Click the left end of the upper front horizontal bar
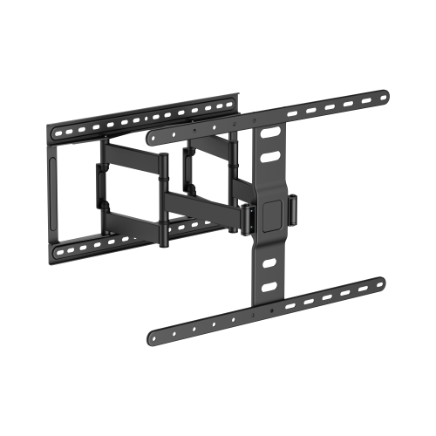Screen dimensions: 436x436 [x=151, y=137]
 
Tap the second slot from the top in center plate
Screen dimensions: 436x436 [x=269, y=158]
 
